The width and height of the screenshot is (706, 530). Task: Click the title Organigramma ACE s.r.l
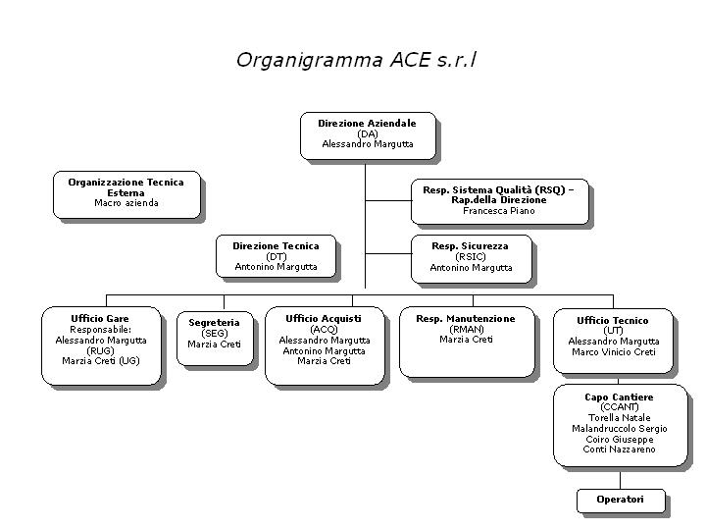356,60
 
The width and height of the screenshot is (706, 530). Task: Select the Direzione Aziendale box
368,135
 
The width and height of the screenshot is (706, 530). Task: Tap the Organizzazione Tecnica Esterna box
126,194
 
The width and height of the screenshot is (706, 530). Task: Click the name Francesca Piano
499,210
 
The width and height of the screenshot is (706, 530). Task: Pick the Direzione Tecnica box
276,256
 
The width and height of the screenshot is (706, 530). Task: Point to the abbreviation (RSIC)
471,257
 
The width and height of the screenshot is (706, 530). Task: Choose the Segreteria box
215,339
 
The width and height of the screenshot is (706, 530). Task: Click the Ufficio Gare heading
100,319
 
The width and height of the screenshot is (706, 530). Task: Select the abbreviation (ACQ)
324,330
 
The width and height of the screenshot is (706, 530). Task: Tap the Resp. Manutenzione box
467,343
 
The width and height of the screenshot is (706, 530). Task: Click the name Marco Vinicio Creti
614,352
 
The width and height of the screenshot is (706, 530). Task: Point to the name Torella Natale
620,418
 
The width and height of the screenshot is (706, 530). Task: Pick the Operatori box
621,501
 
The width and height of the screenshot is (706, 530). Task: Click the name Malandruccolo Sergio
620,429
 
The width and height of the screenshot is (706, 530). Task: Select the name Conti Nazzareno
619,450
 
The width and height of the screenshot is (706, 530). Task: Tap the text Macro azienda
126,203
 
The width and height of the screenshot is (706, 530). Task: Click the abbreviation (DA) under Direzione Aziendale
368,133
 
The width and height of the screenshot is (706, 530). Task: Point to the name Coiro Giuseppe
620,440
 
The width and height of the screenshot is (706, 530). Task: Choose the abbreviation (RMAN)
467,330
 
